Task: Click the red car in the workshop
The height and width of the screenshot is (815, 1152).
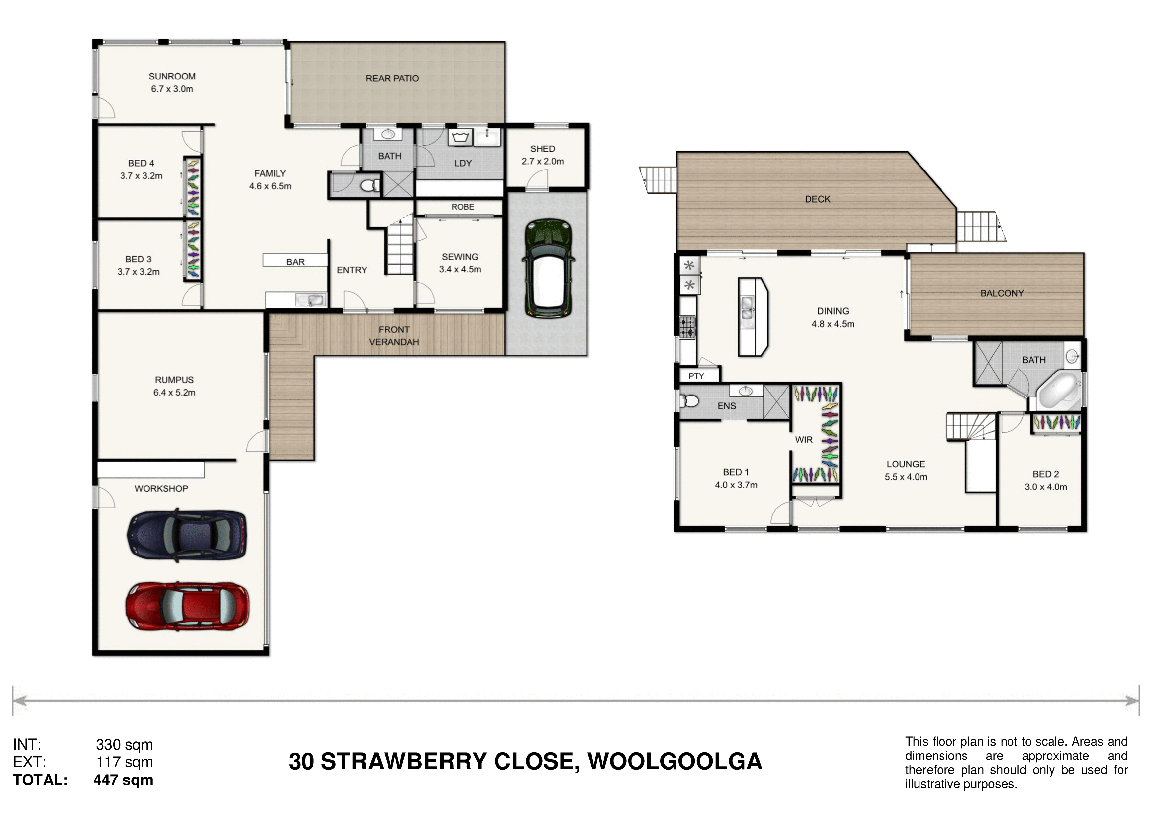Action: click(x=187, y=606)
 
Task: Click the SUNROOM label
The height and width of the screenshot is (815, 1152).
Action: click(x=172, y=76)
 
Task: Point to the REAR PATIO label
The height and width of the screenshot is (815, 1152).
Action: click(x=392, y=78)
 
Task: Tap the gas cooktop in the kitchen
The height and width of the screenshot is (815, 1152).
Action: click(x=687, y=327)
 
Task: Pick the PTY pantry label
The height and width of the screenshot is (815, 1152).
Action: click(x=696, y=376)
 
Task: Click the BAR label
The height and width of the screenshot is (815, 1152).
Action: click(x=296, y=262)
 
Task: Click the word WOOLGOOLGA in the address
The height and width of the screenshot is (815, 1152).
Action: click(x=675, y=762)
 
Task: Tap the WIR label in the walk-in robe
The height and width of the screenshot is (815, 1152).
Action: click(x=804, y=440)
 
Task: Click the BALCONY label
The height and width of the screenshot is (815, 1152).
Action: click(x=1002, y=293)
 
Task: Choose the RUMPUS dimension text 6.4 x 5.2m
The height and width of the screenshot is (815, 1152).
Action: click(x=174, y=393)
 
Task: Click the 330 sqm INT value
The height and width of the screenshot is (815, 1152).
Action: click(x=124, y=745)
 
